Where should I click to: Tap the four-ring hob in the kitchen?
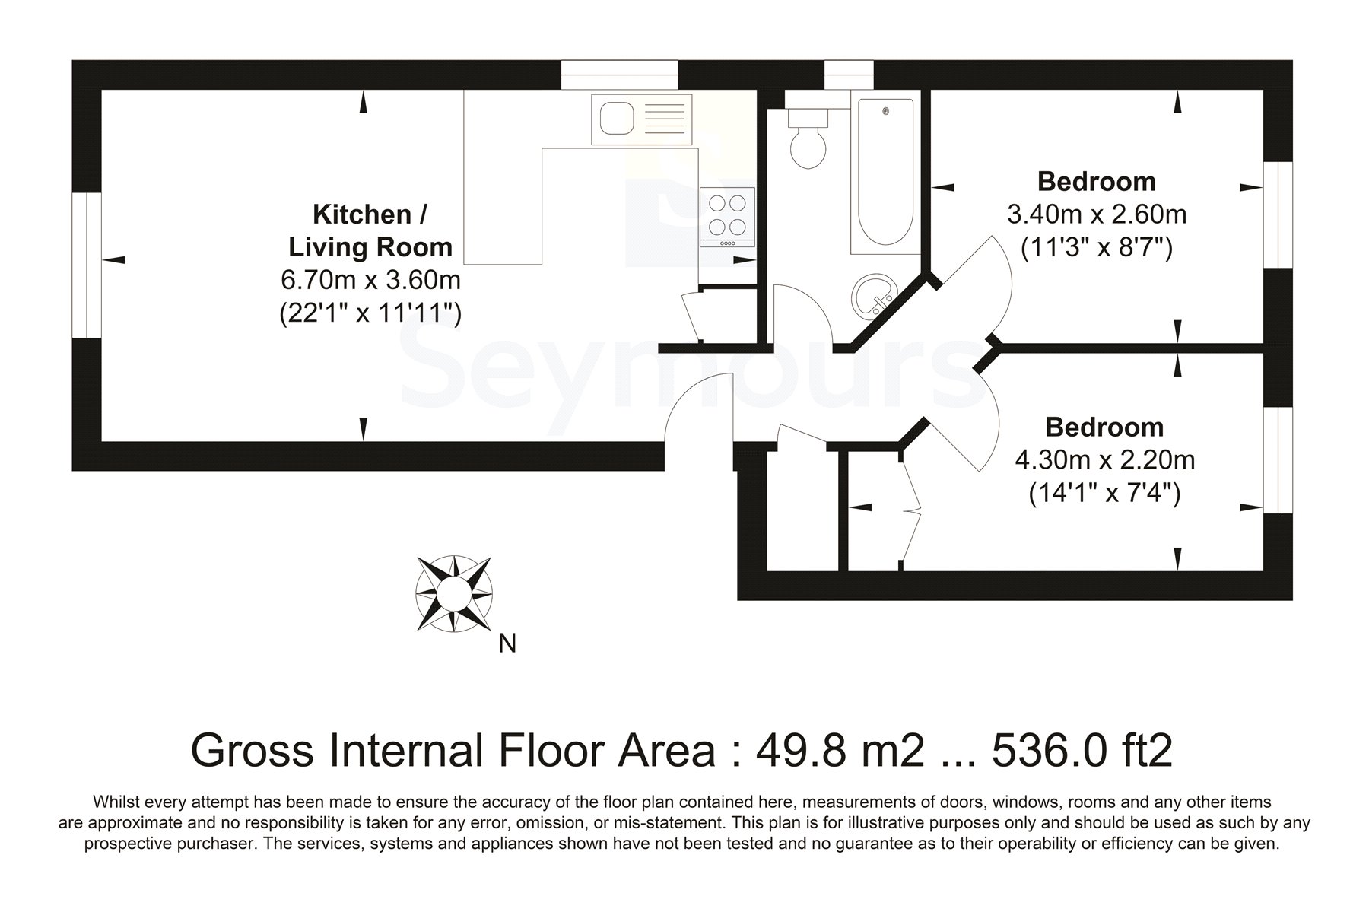(x=727, y=217)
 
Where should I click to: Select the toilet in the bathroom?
(x=808, y=137)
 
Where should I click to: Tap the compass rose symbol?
(x=455, y=593)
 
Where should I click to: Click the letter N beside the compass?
(x=507, y=643)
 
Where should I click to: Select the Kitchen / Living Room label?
(x=370, y=230)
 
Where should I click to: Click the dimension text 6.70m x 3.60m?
(x=371, y=280)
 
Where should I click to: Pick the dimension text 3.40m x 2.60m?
(x=1097, y=214)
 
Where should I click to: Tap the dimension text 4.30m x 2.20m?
(x=1105, y=460)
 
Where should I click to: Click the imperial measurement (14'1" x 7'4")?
(x=1104, y=494)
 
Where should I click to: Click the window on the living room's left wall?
(x=87, y=264)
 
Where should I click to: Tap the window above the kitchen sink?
(x=619, y=75)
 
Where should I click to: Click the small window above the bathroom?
(x=849, y=75)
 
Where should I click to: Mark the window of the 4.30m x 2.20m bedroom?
(x=1278, y=459)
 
